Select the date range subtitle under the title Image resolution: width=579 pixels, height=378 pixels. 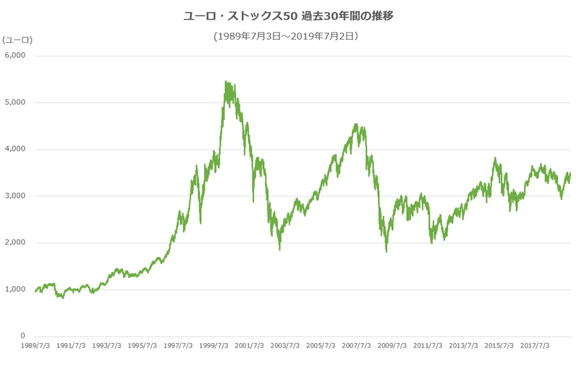click(287, 35)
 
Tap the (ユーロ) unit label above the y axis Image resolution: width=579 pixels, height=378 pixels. click(17, 39)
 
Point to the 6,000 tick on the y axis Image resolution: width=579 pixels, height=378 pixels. click(15, 55)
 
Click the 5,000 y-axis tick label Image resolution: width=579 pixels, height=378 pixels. click(15, 102)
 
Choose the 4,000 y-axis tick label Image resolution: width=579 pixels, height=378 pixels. click(15, 149)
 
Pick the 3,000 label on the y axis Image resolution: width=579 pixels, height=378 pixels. click(15, 196)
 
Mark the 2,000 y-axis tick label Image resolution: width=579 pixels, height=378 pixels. click(15, 243)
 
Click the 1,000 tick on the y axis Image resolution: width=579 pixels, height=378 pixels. click(15, 290)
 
